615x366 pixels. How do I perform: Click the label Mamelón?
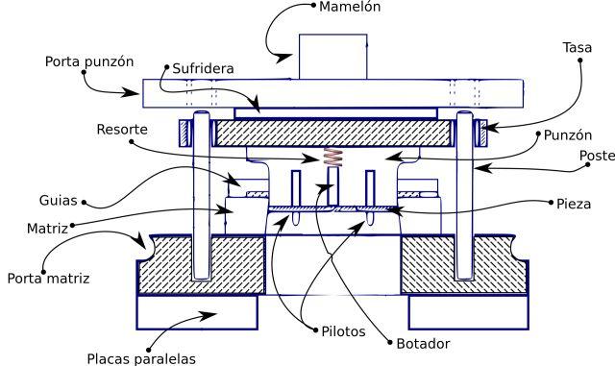tap(350, 7)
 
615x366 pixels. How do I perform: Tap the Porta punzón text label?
tap(89, 61)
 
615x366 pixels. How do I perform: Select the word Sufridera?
tap(203, 68)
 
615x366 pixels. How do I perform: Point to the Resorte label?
tap(122, 130)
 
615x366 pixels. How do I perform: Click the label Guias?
tap(58, 201)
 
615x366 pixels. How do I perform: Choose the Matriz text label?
tap(47, 229)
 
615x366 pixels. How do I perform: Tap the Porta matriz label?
tap(48, 279)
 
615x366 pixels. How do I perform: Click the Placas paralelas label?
tap(141, 359)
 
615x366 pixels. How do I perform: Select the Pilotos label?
tap(343, 331)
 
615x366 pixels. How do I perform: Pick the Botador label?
tap(423, 344)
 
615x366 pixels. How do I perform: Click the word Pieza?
tap(574, 204)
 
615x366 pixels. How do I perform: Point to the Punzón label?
tap(568, 135)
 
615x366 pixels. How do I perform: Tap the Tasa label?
tap(578, 47)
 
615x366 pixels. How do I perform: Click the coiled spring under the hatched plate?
tap(332, 157)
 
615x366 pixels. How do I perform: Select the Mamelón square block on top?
tap(333, 57)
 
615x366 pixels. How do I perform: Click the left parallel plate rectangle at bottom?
tap(197, 312)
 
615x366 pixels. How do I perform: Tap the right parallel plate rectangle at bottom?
tap(468, 312)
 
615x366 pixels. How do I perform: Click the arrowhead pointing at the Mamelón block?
tap(283, 58)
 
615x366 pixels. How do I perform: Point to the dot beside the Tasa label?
tap(579, 60)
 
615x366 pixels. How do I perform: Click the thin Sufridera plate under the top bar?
tap(335, 113)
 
